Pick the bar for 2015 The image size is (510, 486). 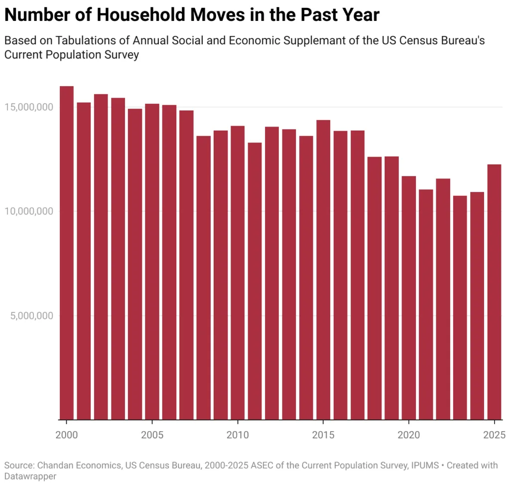click(323, 270)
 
